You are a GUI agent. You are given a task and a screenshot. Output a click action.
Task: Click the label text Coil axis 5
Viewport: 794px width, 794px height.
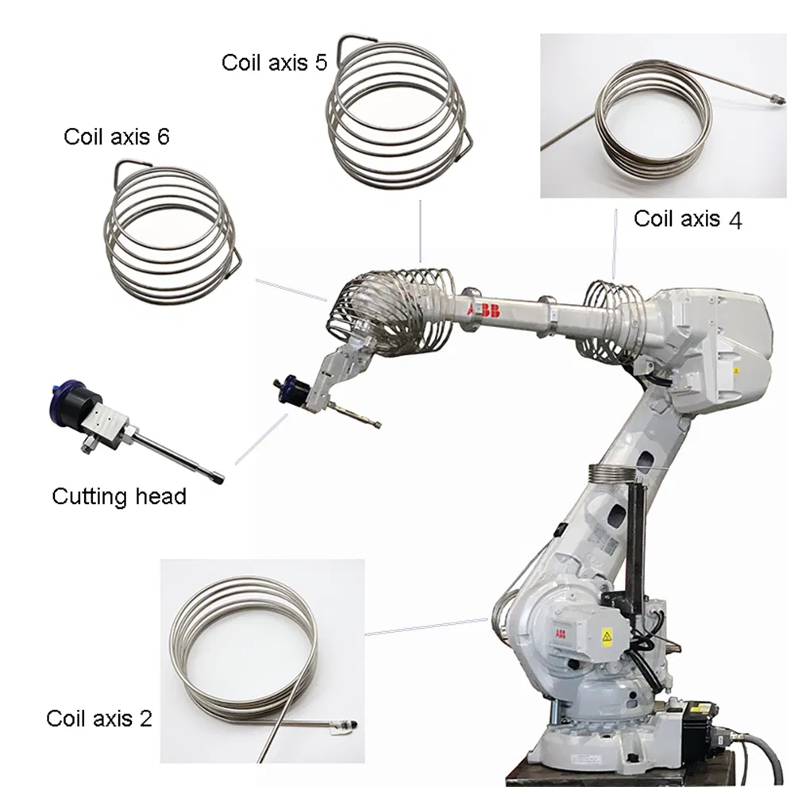(x=274, y=63)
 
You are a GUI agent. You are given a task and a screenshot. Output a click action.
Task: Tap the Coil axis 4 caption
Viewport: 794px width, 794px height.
(x=688, y=219)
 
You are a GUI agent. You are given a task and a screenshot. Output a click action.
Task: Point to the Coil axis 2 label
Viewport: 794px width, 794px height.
(x=99, y=719)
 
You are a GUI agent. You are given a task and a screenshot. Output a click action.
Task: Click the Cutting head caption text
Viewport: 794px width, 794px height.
(x=119, y=497)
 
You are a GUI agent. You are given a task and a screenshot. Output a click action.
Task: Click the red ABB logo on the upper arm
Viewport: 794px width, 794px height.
(x=485, y=310)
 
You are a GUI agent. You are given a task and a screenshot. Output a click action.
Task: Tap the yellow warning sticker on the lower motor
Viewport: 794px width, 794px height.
(x=607, y=635)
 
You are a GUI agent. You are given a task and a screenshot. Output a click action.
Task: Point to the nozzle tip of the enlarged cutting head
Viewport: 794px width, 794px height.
(x=217, y=478)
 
